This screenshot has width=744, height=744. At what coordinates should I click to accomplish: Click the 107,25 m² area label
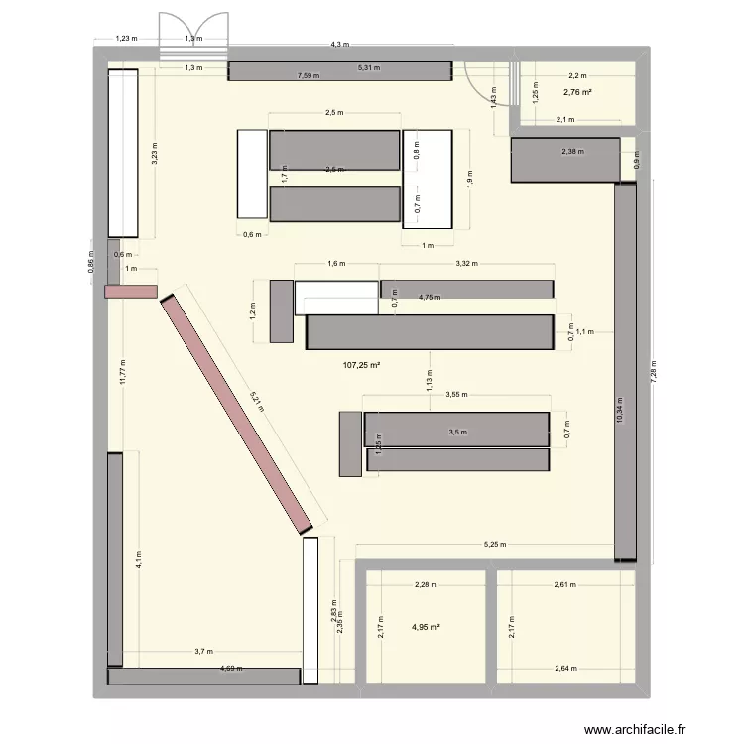pos(362,365)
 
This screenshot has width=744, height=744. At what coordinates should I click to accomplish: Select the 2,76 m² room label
pos(577,93)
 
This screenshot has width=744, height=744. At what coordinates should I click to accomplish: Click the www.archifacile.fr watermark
pos(635,730)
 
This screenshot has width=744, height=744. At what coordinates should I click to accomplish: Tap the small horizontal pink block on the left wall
pos(131,291)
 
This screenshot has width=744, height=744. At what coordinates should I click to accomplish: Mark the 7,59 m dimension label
pos(307,74)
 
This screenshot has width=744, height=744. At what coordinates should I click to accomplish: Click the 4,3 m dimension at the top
pos(339,45)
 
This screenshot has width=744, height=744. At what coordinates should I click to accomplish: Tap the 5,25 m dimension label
pos(494,544)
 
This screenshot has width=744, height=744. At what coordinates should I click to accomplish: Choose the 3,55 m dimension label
pos(456,395)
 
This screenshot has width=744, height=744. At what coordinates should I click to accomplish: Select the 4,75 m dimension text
pos(429,297)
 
